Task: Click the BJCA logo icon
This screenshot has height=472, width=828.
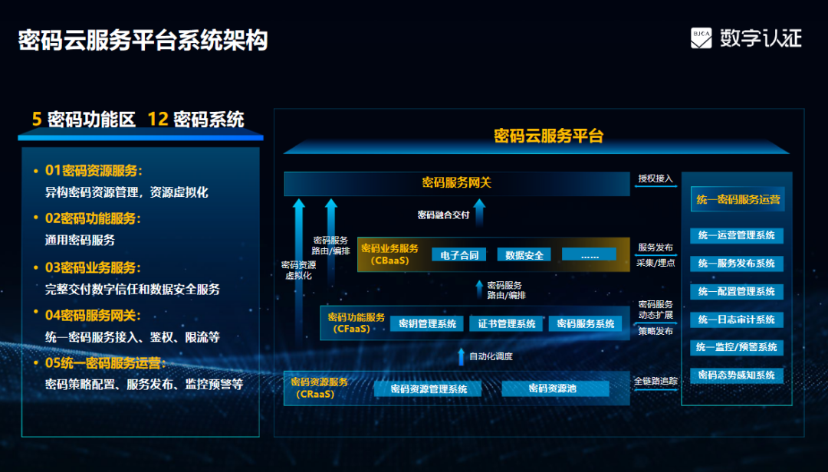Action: (701, 38)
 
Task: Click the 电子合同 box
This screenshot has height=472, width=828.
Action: (459, 255)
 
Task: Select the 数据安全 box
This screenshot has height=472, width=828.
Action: (524, 255)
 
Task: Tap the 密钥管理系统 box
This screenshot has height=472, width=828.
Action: (427, 323)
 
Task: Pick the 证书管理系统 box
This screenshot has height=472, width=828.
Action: (507, 323)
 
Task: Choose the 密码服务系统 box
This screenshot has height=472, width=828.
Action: (586, 323)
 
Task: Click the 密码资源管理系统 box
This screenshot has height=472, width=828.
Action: (429, 389)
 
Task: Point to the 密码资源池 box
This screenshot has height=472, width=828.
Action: (555, 388)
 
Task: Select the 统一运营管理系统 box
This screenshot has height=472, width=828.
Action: (737, 235)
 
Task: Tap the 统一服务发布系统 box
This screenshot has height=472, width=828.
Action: (737, 264)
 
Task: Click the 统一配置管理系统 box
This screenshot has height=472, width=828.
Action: (737, 291)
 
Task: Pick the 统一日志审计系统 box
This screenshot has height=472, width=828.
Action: (737, 320)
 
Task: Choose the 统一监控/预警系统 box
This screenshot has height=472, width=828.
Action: (737, 347)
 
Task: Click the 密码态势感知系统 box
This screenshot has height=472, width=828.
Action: (737, 375)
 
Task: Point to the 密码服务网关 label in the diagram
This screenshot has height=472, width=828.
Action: (457, 182)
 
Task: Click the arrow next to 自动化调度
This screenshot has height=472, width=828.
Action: (461, 357)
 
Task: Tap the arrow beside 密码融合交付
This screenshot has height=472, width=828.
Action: (479, 213)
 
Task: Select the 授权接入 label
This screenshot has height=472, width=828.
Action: (655, 179)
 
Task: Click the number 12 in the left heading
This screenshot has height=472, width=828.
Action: (158, 120)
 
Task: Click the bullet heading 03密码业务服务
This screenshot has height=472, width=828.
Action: (93, 267)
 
